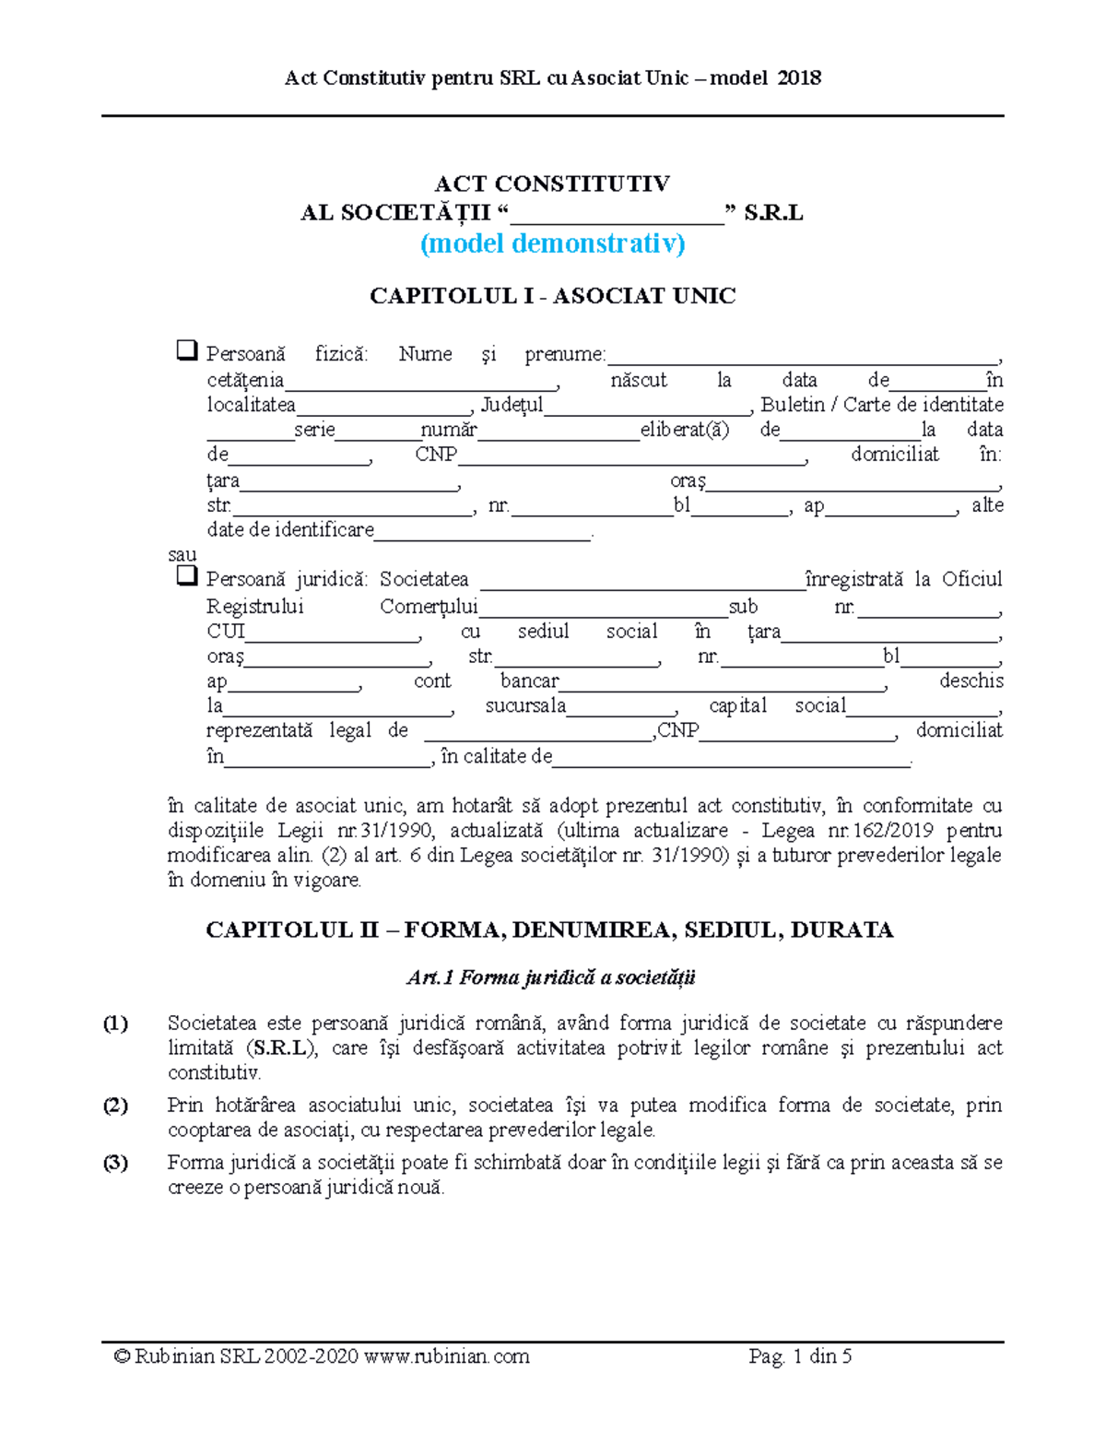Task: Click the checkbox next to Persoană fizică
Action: click(x=186, y=350)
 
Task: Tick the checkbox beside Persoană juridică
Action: click(x=186, y=576)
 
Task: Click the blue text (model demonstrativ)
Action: click(x=552, y=243)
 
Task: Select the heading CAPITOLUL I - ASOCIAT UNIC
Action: click(x=552, y=296)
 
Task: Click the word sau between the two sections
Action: click(x=182, y=554)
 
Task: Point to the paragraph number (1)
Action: click(x=115, y=1024)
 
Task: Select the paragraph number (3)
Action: click(x=115, y=1163)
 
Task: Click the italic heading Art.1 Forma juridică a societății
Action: click(x=551, y=977)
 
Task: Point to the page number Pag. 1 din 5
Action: click(x=800, y=1355)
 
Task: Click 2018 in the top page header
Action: click(x=799, y=78)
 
